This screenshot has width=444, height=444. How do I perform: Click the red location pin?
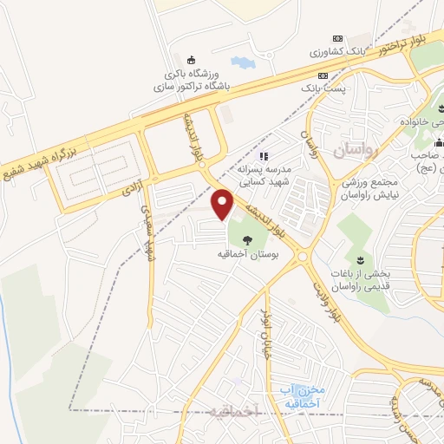click(x=224, y=205)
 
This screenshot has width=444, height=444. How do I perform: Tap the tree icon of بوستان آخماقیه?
click(x=247, y=240)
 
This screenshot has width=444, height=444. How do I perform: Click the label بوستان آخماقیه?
click(x=247, y=256)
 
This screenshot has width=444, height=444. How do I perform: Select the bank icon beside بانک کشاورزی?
click(x=338, y=39)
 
